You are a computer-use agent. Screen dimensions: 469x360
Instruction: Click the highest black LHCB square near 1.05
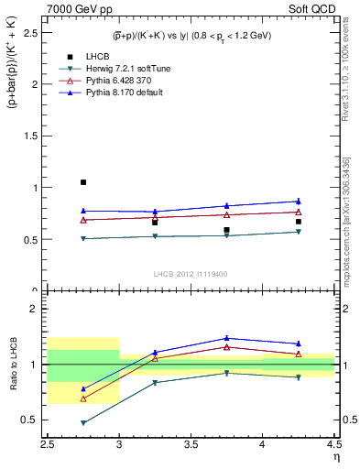82,182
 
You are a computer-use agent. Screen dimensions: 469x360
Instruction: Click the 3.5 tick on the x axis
191,444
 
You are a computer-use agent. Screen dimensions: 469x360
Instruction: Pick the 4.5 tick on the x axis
333,444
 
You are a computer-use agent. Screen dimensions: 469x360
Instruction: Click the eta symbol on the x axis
334,456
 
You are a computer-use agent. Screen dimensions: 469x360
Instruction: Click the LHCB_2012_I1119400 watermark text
191,274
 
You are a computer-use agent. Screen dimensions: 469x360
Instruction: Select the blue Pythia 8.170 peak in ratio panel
226,338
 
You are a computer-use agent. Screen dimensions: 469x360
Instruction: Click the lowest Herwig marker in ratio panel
83,423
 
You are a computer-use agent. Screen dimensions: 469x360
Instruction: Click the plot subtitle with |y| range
191,36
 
